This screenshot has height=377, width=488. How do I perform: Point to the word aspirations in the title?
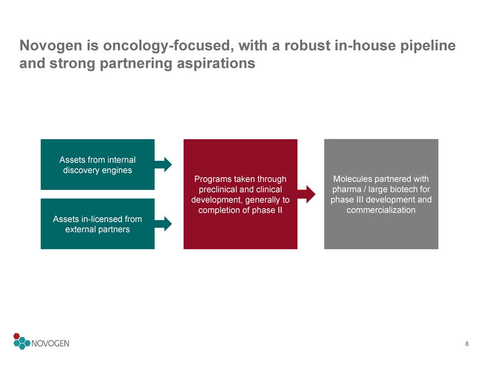point(216,64)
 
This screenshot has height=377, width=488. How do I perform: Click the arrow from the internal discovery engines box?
point(163,165)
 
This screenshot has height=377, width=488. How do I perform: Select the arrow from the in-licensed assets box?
point(163,223)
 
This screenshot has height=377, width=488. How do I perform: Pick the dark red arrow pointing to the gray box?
point(306,195)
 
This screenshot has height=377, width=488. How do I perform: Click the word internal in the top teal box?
point(120,160)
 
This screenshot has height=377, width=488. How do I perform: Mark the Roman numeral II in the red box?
point(279,210)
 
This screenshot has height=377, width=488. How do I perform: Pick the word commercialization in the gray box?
point(381,210)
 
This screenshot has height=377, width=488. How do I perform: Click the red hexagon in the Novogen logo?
point(17,337)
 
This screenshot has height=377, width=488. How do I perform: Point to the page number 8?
point(467,344)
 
